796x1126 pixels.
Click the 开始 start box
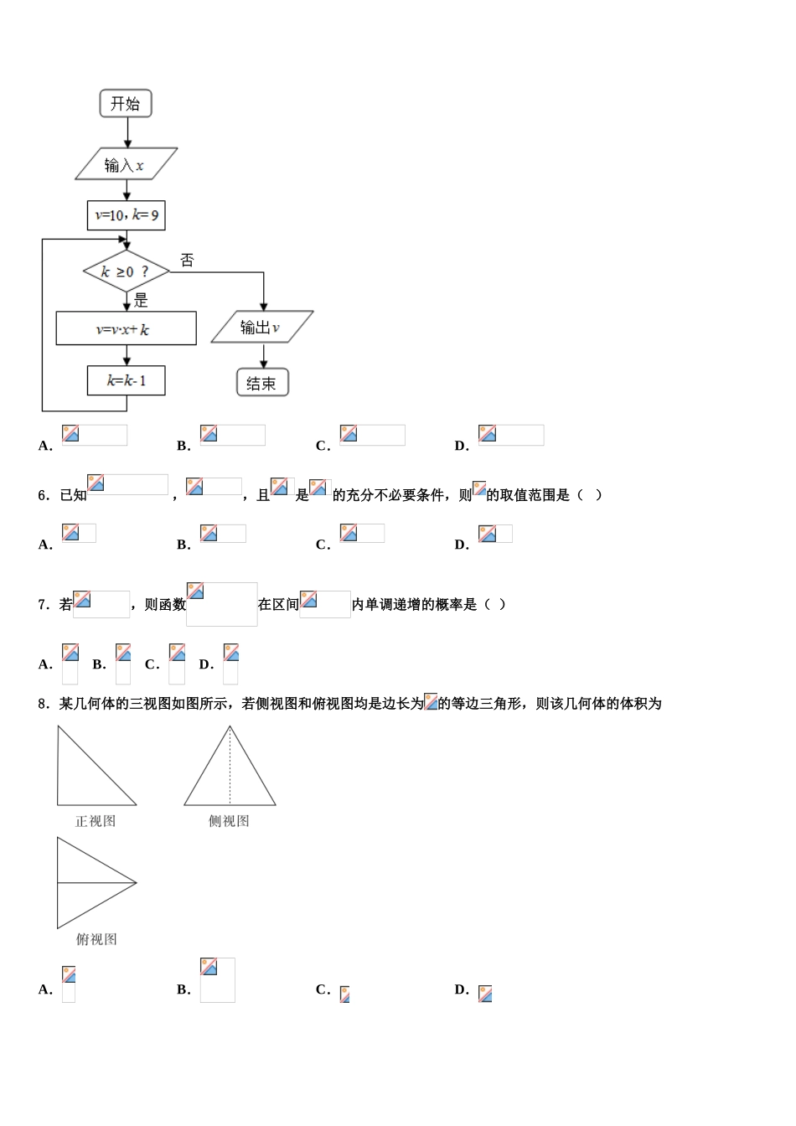click(126, 104)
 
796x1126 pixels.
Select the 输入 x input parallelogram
click(126, 165)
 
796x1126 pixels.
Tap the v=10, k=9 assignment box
click(127, 215)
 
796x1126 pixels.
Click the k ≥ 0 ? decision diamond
click(126, 271)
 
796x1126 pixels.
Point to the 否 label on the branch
click(187, 261)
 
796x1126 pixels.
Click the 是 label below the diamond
click(141, 301)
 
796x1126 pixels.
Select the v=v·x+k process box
click(126, 329)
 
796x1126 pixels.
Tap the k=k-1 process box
click(127, 380)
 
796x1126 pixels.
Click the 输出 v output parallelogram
click(261, 328)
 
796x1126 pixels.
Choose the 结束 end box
click(262, 383)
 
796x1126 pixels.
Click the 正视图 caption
click(96, 821)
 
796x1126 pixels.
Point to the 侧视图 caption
click(229, 821)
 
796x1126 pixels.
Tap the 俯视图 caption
click(96, 939)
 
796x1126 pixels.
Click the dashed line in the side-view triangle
click(230, 767)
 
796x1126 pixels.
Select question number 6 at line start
click(44, 495)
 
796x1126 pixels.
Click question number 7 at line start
click(44, 604)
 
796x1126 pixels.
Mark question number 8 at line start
click(44, 704)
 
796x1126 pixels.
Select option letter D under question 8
click(461, 989)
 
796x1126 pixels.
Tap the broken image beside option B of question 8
click(217, 979)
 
